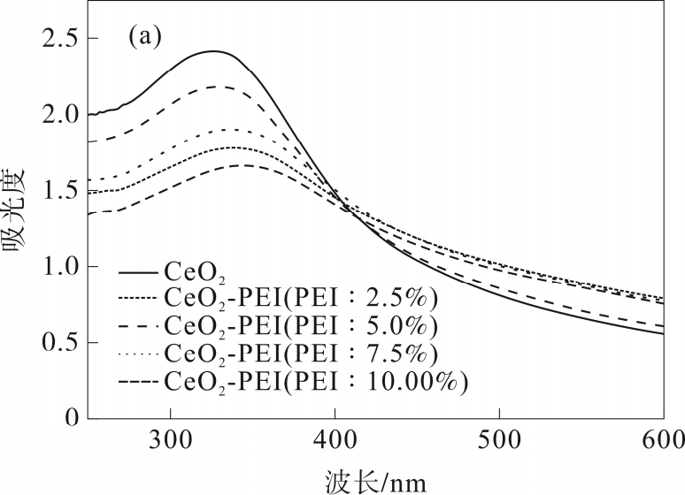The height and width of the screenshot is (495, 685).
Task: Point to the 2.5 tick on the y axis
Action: pos(55,39)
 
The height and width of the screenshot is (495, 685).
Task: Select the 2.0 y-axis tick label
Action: pos(55,115)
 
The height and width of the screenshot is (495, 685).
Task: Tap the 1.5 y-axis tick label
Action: pos(55,191)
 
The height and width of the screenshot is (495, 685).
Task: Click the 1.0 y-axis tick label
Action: pos(55,266)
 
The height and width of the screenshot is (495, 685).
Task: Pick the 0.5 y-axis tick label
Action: pos(55,342)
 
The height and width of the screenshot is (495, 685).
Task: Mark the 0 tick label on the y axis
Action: pos(70,418)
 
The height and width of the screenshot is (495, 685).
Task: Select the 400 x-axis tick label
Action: pos(335,439)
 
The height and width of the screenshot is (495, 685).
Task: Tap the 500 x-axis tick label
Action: pos(499,439)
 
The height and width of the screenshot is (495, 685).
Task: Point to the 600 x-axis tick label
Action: pos(663,439)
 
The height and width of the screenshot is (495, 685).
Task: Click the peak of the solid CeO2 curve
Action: pos(212,51)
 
